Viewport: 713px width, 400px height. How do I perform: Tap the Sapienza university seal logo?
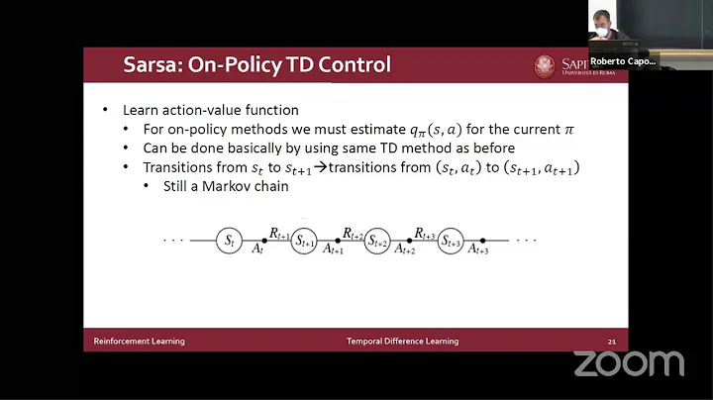543,66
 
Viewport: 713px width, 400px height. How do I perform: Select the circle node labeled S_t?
230,240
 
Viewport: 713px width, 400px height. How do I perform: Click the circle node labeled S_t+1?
304,240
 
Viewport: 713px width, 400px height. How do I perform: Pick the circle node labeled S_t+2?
377,240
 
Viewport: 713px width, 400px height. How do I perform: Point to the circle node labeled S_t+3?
451,240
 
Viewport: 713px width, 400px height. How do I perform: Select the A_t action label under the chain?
257,250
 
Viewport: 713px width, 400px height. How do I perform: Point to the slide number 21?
612,342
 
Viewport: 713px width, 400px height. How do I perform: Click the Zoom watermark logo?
629,363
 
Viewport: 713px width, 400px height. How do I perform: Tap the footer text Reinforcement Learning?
139,342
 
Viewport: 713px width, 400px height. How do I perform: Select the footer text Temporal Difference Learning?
402,342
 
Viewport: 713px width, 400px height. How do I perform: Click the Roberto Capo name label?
623,60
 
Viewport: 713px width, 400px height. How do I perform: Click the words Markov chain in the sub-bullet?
253,187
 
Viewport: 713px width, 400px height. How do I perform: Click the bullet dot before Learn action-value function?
106,110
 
